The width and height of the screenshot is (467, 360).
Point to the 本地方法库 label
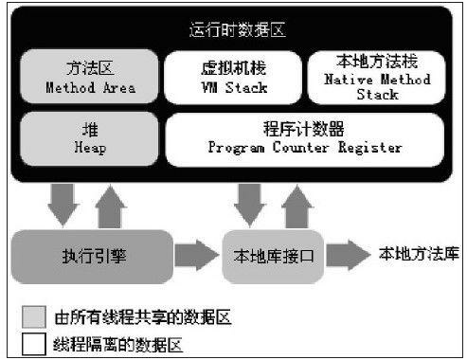[x=417, y=254]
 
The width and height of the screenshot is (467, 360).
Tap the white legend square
[x=35, y=343]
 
